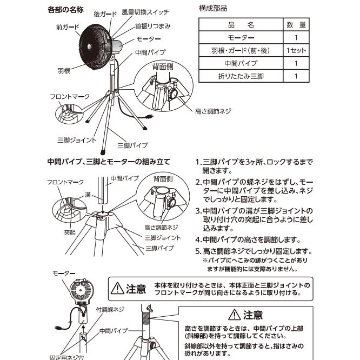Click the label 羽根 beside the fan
pos(64,70)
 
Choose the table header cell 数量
pos(296,25)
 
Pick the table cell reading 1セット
pos(296,50)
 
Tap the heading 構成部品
pos(214,9)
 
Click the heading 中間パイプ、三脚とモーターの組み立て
pos(109,161)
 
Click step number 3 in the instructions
pos(198,210)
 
